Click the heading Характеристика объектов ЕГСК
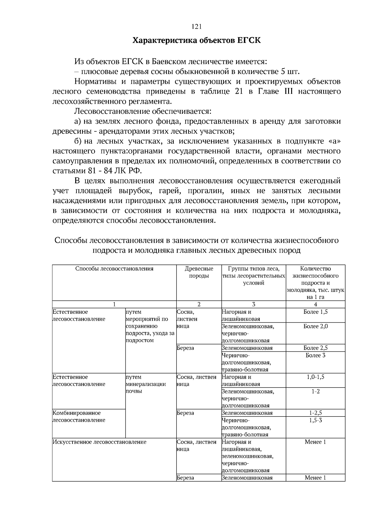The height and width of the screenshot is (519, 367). [197, 40]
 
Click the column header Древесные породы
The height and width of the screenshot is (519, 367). [199, 272]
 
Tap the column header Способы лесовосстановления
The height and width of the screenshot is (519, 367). [114, 269]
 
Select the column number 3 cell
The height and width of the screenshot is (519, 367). [254, 304]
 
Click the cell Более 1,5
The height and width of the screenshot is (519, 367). [315, 312]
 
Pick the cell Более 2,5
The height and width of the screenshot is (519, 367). [315, 348]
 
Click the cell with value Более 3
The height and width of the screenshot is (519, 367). [315, 355]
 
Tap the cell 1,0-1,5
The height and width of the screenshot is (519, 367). [315, 377]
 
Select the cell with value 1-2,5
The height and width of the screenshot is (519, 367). [315, 413]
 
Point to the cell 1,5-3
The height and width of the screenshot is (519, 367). [315, 420]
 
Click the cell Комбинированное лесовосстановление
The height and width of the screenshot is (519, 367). [79, 417]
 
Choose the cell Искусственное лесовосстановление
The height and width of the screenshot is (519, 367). [99, 442]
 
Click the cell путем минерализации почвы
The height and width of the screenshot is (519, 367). [146, 384]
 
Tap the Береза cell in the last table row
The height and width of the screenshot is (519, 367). [185, 478]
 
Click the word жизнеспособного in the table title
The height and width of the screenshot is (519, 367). [307, 240]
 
